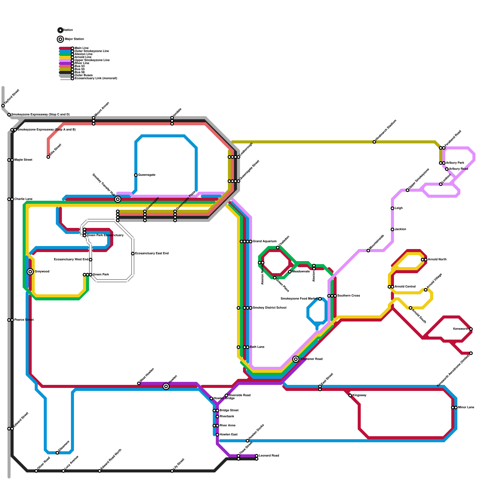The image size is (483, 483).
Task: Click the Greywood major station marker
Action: (x=30, y=272)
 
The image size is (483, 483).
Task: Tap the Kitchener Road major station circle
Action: (x=296, y=359)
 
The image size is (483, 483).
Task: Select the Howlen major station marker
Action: (x=166, y=386)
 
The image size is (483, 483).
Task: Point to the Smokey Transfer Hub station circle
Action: (x=118, y=199)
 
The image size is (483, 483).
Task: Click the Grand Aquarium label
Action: (x=264, y=241)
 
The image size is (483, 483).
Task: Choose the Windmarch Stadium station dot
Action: (x=374, y=142)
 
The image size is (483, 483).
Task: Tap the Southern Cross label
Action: (x=349, y=296)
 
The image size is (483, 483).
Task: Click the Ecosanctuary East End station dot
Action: (x=133, y=254)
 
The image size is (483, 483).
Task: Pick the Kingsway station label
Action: (x=360, y=395)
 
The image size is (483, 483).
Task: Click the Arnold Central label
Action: (x=405, y=287)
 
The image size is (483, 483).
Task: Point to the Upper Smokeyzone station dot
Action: (x=408, y=190)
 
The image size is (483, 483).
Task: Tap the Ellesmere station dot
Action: (x=57, y=453)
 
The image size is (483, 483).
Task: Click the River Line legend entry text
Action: (x=82, y=63)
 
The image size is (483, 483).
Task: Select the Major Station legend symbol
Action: (x=60, y=39)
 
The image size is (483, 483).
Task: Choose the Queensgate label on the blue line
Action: (x=147, y=175)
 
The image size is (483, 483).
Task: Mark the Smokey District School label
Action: (x=270, y=308)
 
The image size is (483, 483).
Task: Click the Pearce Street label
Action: (x=24, y=320)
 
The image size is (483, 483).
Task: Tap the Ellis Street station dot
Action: (x=48, y=157)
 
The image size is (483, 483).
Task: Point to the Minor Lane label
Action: (x=466, y=408)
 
